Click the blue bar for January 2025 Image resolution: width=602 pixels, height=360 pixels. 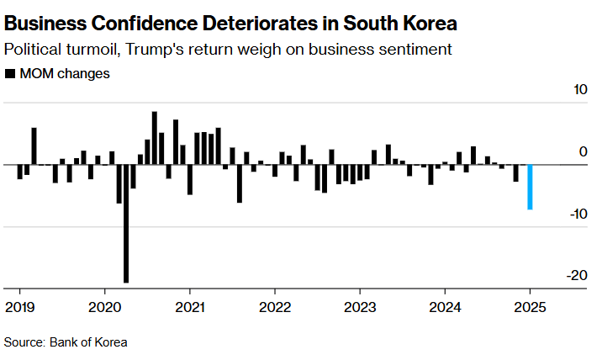(530, 187)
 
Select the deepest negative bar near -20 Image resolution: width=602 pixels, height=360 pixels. (126, 223)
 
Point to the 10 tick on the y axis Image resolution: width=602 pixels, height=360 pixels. (580, 91)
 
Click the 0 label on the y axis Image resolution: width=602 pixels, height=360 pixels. (584, 152)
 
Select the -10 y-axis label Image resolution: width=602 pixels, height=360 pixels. (578, 214)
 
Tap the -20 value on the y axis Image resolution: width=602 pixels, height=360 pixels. (578, 276)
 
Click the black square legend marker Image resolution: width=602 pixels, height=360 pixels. (9, 74)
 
